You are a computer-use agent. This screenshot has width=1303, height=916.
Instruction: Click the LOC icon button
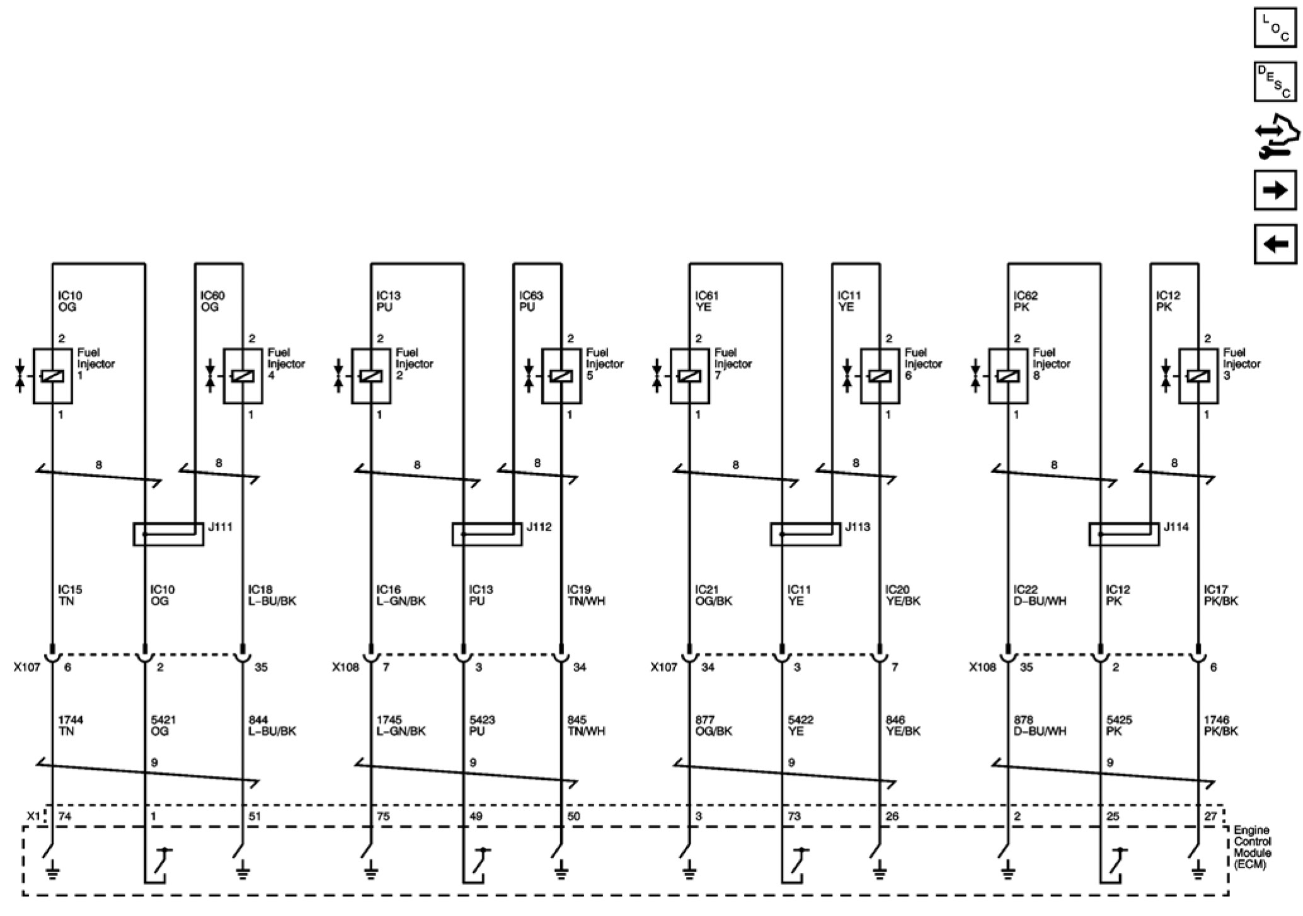click(x=1275, y=27)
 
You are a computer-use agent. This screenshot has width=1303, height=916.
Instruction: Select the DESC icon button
click(x=1275, y=81)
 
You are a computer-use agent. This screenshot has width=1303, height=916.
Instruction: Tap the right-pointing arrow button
click(x=1275, y=190)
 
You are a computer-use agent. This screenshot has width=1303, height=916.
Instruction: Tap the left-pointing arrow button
click(x=1275, y=244)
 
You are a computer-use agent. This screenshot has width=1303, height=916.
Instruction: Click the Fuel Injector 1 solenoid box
click(x=53, y=376)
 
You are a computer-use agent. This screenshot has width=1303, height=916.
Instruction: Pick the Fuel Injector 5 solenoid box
click(x=561, y=376)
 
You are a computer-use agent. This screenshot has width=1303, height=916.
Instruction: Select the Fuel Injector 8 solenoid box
click(x=1008, y=376)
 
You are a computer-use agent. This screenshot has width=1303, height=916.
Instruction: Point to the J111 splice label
click(x=221, y=527)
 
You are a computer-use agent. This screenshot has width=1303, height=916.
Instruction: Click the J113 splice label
click(x=858, y=527)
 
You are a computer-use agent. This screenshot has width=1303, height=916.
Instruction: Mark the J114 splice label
click(x=1176, y=527)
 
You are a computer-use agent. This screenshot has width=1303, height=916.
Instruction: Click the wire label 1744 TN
click(x=71, y=725)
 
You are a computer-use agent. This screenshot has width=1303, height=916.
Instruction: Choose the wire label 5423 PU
click(x=481, y=725)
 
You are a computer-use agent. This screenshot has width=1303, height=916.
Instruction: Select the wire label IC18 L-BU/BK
click(x=272, y=595)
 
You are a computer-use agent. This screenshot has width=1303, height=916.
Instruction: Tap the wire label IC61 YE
click(x=706, y=301)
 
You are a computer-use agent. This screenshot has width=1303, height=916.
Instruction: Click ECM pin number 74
click(x=65, y=816)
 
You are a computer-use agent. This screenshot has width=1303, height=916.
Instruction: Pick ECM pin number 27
click(x=1210, y=816)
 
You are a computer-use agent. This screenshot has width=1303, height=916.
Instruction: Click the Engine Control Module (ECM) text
click(x=1252, y=847)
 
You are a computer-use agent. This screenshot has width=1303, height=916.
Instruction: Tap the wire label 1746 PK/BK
click(x=1220, y=725)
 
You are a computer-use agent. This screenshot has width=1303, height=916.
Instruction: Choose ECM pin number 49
click(x=476, y=816)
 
